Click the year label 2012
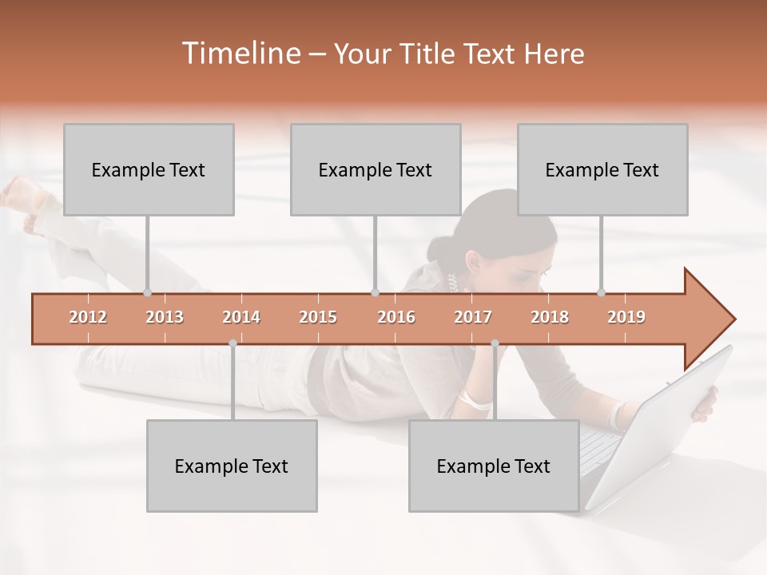click(88, 317)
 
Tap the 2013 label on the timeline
click(165, 317)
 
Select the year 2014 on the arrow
click(241, 317)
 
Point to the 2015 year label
click(318, 317)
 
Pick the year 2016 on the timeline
click(396, 317)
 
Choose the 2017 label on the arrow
click(473, 317)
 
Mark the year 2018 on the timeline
click(550, 317)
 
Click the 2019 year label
click(626, 317)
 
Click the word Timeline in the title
click(240, 54)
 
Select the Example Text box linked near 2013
click(149, 170)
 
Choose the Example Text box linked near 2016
click(376, 170)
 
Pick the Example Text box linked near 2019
click(602, 170)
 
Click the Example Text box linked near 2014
click(232, 466)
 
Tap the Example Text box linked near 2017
click(494, 466)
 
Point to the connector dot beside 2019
click(602, 292)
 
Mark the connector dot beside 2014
click(232, 343)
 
